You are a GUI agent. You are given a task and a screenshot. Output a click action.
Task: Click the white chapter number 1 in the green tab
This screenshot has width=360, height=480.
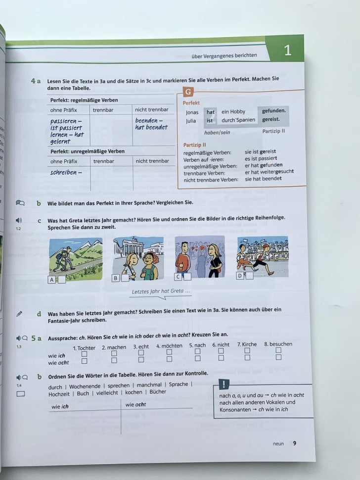pos(287,50)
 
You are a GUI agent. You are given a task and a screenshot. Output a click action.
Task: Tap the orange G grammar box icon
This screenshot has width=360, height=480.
pos(188,92)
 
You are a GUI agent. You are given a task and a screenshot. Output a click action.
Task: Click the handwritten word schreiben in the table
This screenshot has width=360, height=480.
pos(65,172)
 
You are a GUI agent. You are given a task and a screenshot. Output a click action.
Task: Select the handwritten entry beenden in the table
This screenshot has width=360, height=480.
pos(148,120)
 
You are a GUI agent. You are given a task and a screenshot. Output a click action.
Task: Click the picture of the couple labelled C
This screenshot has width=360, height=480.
pos(199,257)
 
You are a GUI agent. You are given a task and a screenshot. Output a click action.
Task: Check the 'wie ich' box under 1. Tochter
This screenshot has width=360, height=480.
pos(84,354)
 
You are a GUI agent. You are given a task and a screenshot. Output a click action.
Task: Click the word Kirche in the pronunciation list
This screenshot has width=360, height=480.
pos(249,344)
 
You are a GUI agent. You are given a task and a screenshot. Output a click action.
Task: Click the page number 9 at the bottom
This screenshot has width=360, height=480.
pos(295,443)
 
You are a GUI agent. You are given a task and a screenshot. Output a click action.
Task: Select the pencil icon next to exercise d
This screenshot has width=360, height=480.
pos(19,313)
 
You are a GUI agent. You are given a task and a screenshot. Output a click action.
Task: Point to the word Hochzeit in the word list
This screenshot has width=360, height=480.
pos(59,393)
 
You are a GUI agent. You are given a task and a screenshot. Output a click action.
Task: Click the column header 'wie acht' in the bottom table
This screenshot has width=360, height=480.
pos(135,405)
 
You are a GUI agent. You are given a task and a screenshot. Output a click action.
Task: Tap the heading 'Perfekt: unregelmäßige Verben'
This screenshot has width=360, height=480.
pos(88,151)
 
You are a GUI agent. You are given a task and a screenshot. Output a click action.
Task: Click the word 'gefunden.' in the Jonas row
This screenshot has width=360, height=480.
pos(273,111)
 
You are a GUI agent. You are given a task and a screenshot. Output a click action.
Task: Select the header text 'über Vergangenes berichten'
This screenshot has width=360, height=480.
pos(224,55)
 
